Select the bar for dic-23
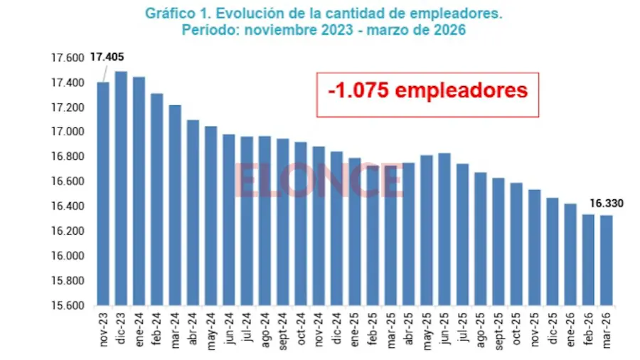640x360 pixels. click(121, 189)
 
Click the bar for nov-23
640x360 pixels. click(103, 194)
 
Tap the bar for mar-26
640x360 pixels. click(607, 260)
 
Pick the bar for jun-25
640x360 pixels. click(444, 229)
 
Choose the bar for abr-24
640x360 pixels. click(193, 213)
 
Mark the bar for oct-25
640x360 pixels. click(516, 244)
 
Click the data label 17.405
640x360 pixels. click(107, 57)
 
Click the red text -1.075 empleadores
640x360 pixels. click(428, 90)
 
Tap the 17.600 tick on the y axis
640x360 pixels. click(68, 58)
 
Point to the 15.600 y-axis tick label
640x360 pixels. click(68, 306)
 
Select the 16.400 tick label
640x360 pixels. click(68, 206)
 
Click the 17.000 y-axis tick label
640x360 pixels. click(68, 132)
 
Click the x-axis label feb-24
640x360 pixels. click(157, 329)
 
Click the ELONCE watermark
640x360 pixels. click(319, 180)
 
